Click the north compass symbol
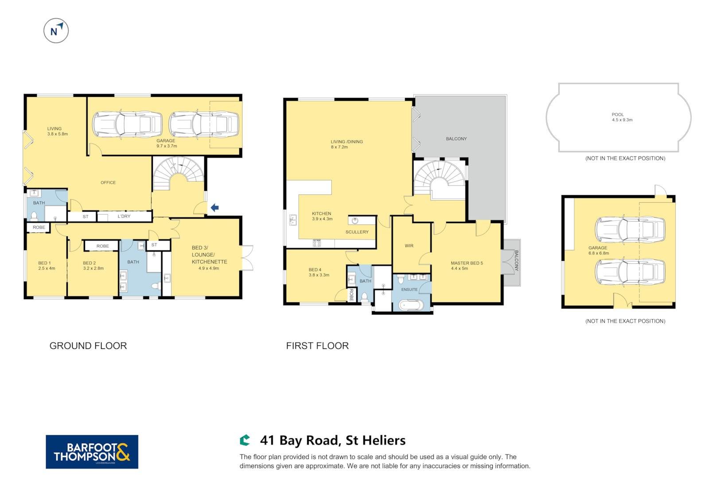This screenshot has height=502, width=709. pos(56,31)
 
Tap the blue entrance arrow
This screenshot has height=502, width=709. pos(214,207)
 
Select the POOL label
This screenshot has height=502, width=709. pos(618,115)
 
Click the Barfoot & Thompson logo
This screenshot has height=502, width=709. pos(92,452)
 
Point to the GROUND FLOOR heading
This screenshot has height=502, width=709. pos(88,346)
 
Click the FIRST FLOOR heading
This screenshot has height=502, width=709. pos(317,346)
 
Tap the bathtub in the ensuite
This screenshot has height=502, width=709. pos(410,305)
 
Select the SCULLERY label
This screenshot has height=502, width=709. pos(357,232)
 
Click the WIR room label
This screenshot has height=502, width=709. pos(409,246)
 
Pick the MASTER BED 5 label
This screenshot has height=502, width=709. pos(467,263)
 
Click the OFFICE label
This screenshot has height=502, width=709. pos(108,183)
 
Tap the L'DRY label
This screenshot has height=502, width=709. pos(124,216)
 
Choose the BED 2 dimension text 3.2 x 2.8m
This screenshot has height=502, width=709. pos(93,268)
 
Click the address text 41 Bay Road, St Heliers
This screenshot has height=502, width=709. pos(333,440)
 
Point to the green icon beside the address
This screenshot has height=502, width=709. pos(245,440)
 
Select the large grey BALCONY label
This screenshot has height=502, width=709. pos(456,139)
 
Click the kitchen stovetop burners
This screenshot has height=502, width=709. pos(316,243)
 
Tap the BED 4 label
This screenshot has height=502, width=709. pos(315,270)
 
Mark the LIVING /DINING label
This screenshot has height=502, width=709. pos(347,142)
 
